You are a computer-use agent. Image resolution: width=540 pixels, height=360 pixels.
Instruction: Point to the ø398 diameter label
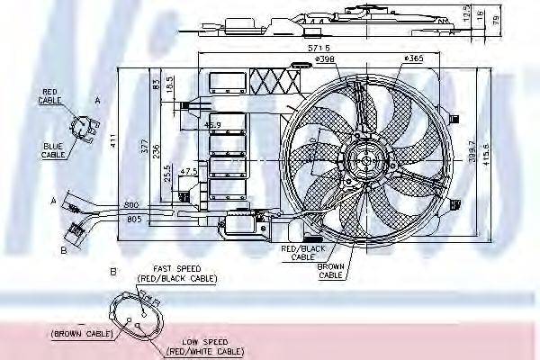click(325, 60)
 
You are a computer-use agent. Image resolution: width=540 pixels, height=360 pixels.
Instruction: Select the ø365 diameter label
click(413, 59)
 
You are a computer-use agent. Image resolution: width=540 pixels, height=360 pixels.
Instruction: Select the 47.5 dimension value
click(189, 170)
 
